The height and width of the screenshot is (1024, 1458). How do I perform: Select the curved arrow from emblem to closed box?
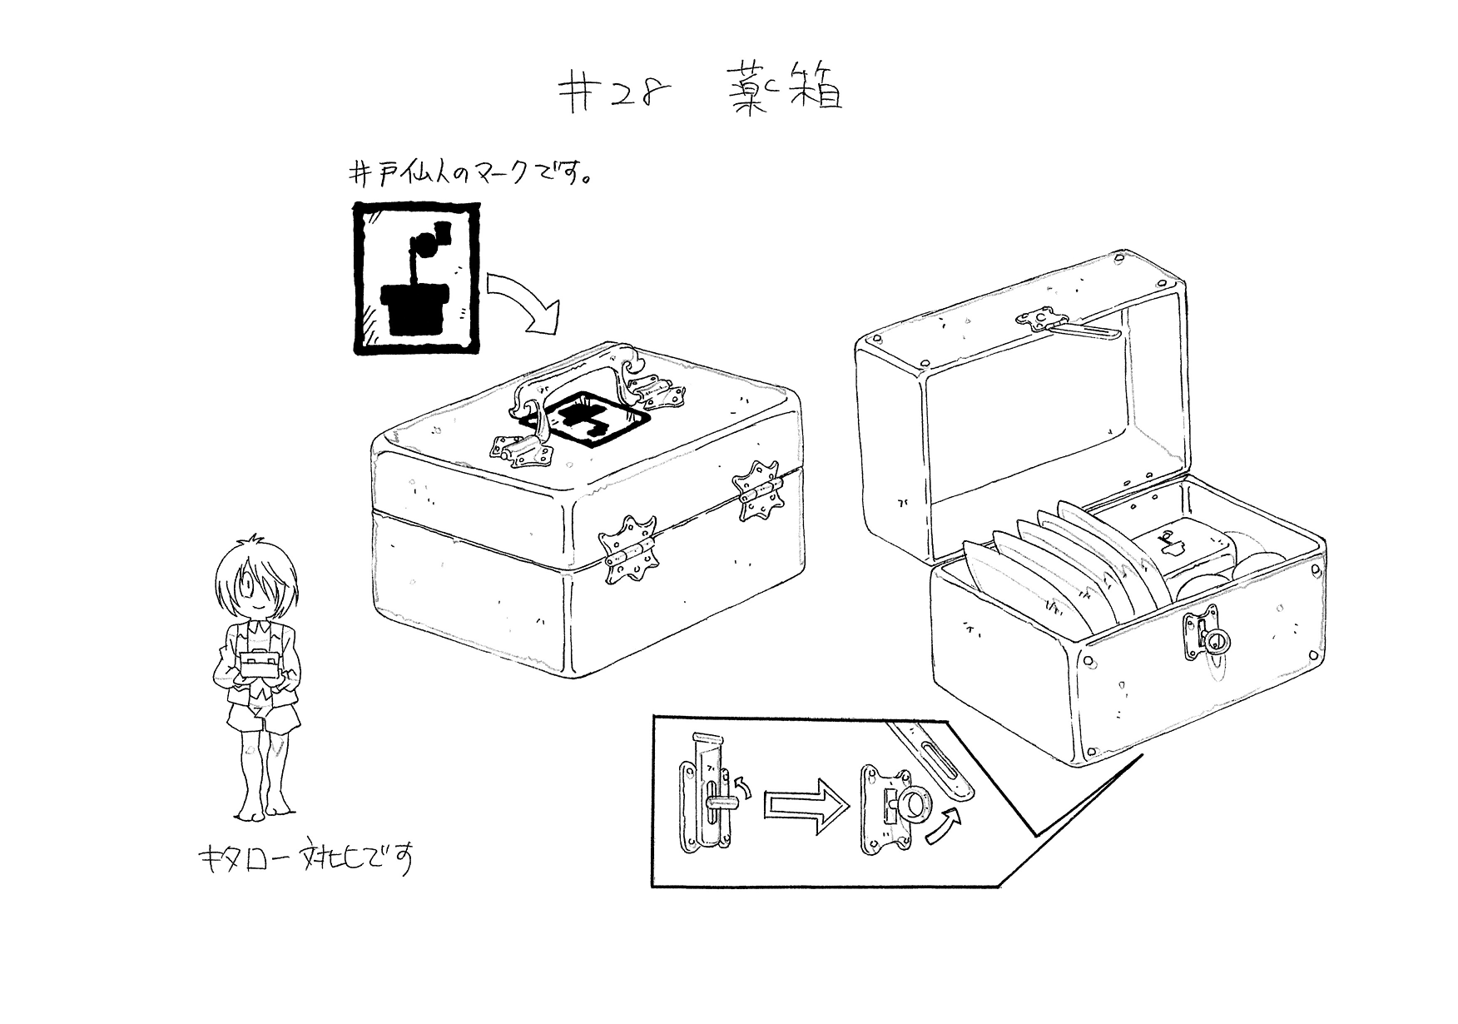[x=522, y=304]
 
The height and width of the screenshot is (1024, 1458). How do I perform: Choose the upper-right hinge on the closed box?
[x=757, y=491]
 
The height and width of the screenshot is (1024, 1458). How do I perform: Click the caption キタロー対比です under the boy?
[x=304, y=860]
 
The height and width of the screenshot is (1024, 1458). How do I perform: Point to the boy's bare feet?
[x=262, y=808]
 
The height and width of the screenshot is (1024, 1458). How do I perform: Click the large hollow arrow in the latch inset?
[x=807, y=804]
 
